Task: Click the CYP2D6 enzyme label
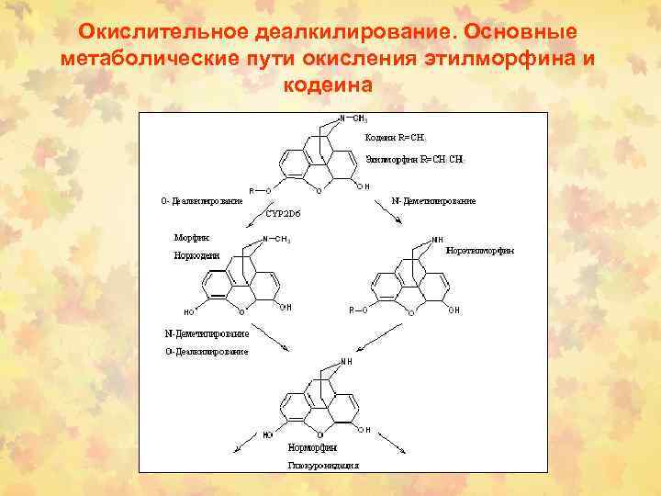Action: [282, 212]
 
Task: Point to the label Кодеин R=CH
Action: [395, 137]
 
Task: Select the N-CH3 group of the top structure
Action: [353, 118]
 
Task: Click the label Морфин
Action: [192, 236]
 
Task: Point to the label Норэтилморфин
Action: [479, 250]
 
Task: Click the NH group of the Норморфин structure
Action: [345, 362]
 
